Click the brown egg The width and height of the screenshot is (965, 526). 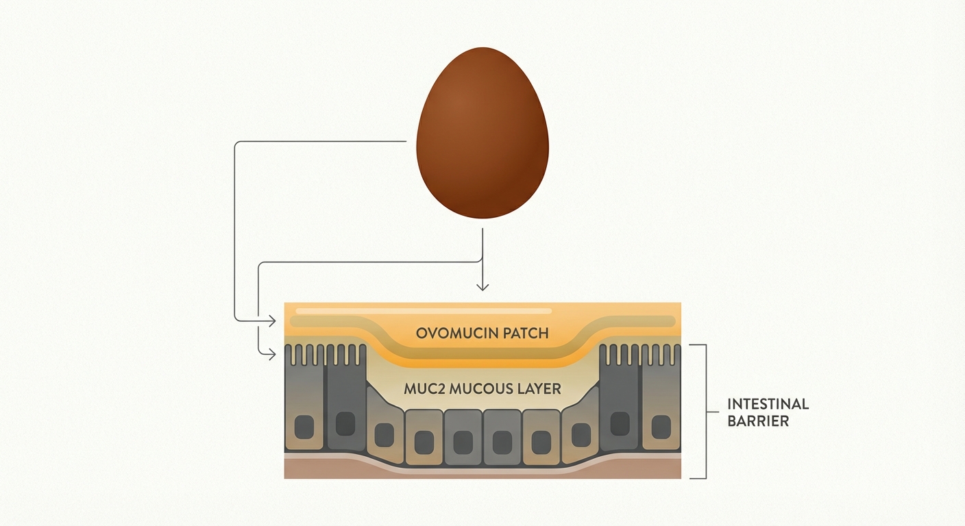(483, 134)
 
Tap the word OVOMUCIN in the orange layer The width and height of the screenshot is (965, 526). (450, 334)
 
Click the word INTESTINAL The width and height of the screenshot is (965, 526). (768, 403)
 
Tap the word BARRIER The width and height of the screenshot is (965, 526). (758, 421)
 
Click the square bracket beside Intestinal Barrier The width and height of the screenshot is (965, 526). (703, 411)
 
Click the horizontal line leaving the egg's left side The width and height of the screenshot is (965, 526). (322, 142)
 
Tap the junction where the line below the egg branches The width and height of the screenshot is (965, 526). (483, 262)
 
